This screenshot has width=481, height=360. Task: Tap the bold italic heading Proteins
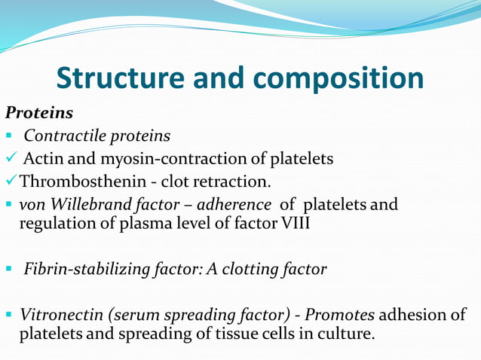coord(39,113)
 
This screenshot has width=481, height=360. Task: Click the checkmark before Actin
coord(11,158)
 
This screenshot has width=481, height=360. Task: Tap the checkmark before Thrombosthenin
coord(11,182)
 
